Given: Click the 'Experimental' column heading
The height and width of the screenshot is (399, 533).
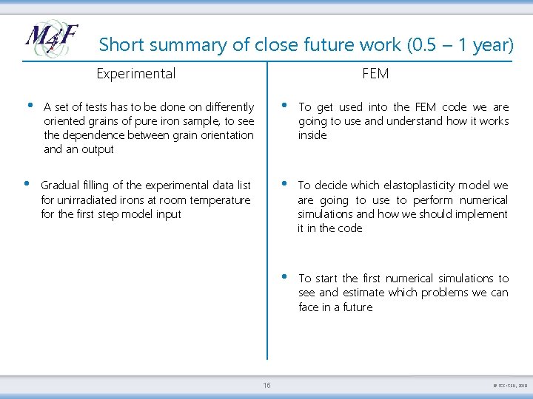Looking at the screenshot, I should (x=136, y=73).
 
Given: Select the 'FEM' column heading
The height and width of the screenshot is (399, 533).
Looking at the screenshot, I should (x=375, y=73).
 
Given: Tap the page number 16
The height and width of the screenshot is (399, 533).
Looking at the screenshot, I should (x=266, y=384).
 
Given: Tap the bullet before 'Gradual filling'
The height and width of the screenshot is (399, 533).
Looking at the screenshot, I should (x=26, y=183).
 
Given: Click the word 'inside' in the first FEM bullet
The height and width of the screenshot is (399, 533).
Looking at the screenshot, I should (x=312, y=135).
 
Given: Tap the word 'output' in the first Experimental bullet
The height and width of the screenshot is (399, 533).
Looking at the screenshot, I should (x=98, y=150).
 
